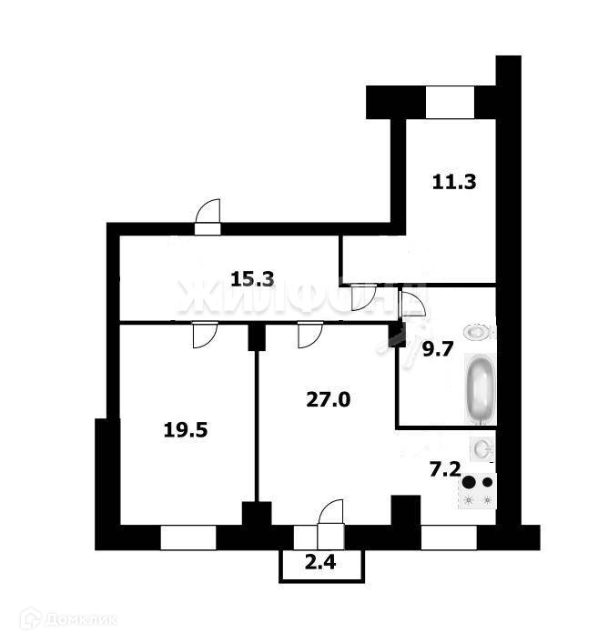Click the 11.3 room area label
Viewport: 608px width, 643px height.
click(x=454, y=181)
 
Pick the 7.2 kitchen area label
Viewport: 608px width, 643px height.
click(x=445, y=470)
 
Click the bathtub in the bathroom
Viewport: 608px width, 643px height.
click(x=481, y=389)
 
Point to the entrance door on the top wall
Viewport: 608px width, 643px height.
click(x=208, y=218)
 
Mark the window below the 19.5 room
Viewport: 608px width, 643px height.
click(x=187, y=538)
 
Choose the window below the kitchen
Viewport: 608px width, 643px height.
click(x=449, y=538)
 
